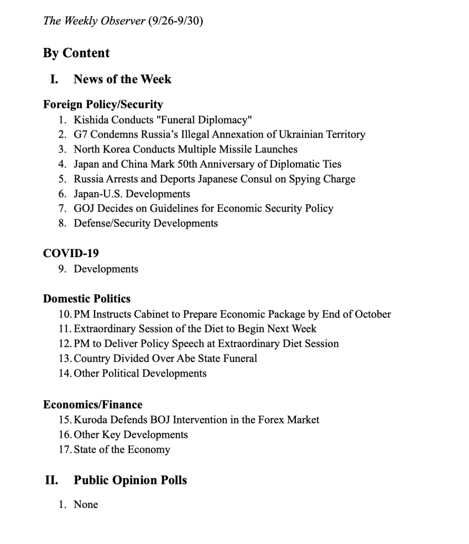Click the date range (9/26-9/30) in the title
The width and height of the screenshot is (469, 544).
(176, 22)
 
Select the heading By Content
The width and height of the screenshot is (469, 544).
(76, 53)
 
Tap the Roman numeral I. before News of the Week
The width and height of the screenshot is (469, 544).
(54, 80)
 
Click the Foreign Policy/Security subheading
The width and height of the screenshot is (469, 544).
(103, 104)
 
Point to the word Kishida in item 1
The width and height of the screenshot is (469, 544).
(90, 120)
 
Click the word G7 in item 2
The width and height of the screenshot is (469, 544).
(81, 134)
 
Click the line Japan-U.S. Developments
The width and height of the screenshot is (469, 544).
(132, 194)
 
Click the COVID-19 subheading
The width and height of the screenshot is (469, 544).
(71, 253)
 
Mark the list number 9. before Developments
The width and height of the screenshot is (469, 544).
(62, 269)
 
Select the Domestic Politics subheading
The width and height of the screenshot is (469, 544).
(87, 299)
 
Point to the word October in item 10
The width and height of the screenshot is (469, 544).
(371, 314)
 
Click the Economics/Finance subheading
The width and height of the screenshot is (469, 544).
(92, 404)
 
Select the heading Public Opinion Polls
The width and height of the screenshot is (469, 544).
(130, 480)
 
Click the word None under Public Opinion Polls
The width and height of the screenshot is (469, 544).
(86, 505)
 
